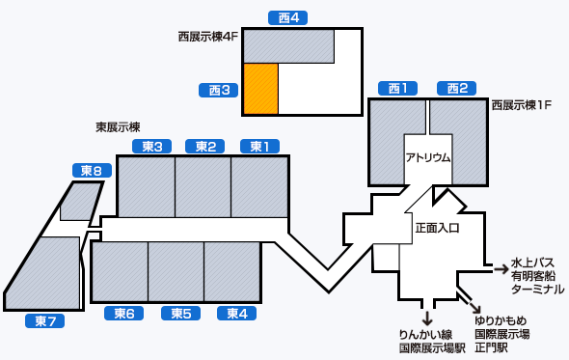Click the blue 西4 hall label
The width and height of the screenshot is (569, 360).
tap(286, 17)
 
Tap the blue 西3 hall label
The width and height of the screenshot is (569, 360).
tap(218, 90)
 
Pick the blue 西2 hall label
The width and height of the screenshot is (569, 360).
tap(455, 89)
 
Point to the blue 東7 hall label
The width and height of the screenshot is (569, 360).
tap(45, 320)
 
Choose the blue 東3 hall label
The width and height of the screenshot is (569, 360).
tap(150, 147)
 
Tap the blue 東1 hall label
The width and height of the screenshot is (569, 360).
tap(260, 147)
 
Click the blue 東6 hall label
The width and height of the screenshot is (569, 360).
tap(123, 313)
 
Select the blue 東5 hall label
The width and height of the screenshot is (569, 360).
tap(179, 313)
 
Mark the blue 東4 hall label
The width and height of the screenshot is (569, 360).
tap(236, 313)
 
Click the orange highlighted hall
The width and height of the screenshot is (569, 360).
tap(260, 89)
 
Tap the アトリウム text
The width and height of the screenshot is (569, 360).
tap(427, 157)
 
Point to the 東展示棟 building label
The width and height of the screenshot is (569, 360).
tap(118, 126)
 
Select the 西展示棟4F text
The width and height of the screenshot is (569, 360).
tap(207, 37)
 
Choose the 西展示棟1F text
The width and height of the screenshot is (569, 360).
tap(521, 104)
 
